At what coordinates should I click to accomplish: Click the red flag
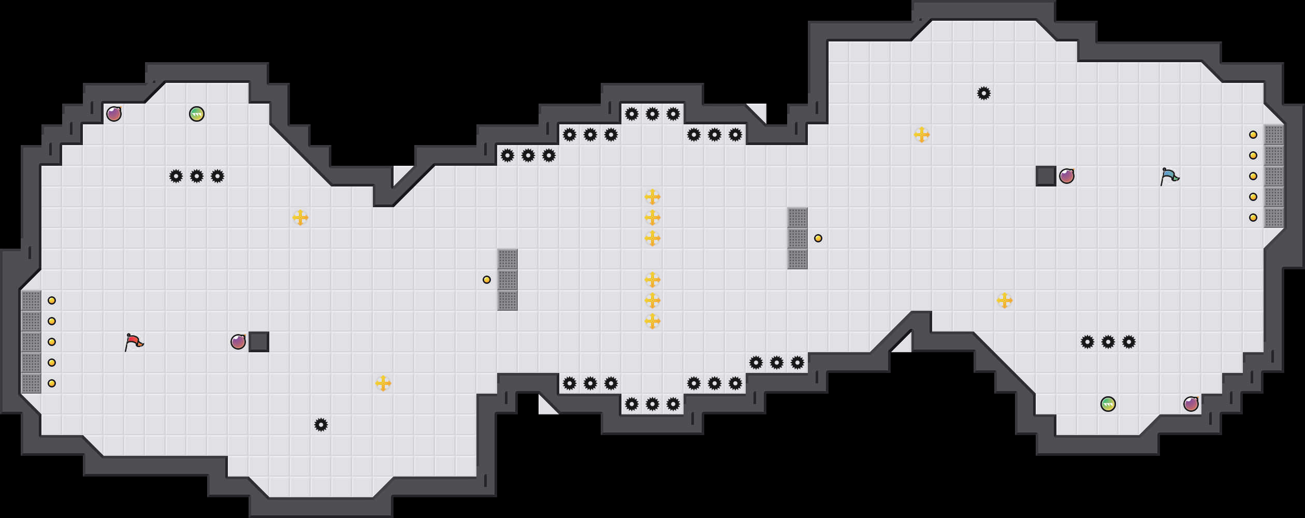click(134, 342)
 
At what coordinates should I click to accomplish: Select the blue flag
click(1169, 176)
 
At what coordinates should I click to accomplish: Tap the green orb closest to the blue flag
click(1108, 404)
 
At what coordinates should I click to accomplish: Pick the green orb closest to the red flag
click(197, 114)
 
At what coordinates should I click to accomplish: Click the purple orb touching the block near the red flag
click(238, 342)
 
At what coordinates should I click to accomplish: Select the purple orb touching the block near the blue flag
click(1067, 176)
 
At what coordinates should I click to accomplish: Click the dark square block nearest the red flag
click(259, 342)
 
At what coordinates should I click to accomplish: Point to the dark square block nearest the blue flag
click(1046, 176)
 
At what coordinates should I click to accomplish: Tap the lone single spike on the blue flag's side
click(984, 93)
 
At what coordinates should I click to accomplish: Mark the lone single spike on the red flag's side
click(321, 425)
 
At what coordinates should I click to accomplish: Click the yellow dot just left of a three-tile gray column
click(487, 280)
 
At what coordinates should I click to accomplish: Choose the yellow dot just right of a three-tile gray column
click(818, 238)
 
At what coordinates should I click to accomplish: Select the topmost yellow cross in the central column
click(653, 197)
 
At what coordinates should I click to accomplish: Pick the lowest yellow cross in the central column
click(653, 321)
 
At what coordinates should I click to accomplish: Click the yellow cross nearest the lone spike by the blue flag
click(922, 135)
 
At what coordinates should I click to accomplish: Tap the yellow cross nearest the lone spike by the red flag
click(383, 383)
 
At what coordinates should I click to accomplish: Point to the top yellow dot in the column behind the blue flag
click(1253, 135)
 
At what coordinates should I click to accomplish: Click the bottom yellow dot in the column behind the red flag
click(52, 383)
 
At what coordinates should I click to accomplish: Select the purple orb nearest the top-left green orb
click(114, 114)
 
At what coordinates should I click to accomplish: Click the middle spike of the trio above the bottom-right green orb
click(1108, 342)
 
